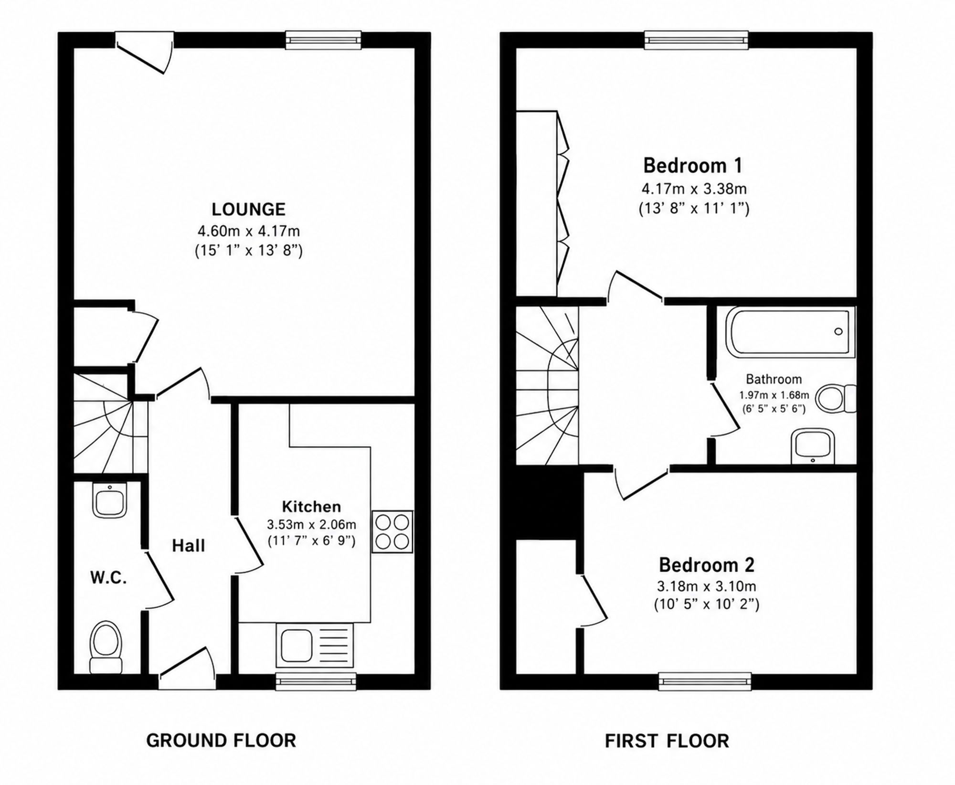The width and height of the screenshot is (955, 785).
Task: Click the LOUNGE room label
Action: coord(248,209)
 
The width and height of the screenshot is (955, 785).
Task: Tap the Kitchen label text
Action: coord(311,506)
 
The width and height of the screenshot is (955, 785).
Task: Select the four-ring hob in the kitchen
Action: coord(392,532)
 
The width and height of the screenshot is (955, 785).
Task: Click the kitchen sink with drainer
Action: coord(315,645)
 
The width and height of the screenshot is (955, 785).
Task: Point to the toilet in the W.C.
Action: coord(106,647)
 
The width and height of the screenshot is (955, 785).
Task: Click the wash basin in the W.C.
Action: coord(110,500)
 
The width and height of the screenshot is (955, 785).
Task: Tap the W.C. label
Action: coord(108,578)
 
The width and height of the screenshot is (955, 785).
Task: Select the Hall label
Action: coord(189,546)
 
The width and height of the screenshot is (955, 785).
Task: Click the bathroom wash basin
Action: coord(813,446)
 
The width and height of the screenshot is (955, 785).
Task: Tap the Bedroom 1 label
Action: coord(693,166)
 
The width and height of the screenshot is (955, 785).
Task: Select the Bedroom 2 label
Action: coord(707,565)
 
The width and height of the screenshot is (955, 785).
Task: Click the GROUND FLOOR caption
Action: coord(221,741)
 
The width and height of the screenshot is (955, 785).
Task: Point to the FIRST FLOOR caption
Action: coord(667,741)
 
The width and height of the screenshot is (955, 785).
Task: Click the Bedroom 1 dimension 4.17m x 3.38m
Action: coord(694,189)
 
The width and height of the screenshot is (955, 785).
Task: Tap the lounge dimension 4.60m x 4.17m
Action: coord(249,231)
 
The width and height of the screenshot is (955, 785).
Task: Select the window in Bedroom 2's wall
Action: coord(705,681)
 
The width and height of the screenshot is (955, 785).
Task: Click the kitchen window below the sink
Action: coord(316,681)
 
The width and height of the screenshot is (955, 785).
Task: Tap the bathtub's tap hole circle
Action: coord(838,332)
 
